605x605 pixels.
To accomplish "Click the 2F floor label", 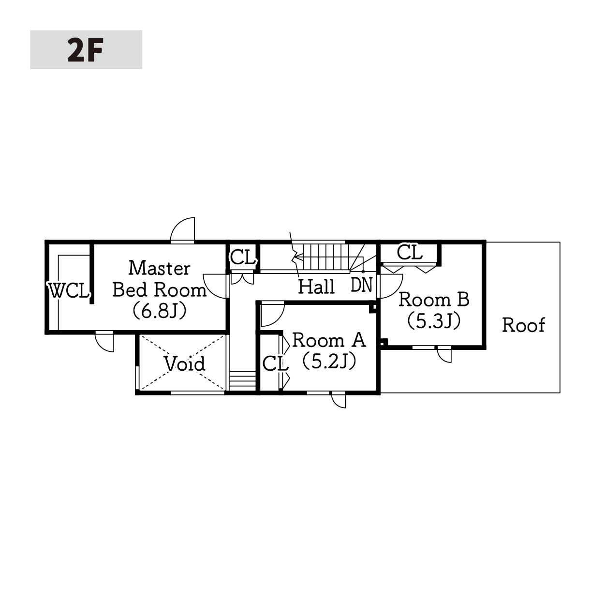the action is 86,50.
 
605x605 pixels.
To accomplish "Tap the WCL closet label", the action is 69,291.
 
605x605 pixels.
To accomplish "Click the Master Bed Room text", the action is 160,279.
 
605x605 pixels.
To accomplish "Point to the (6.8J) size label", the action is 160,311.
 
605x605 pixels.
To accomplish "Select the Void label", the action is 185,364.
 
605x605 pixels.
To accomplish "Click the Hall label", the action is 316,287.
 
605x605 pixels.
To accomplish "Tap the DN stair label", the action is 361,285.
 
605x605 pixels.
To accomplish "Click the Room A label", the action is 329,340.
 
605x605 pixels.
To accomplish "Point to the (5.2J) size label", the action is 329,361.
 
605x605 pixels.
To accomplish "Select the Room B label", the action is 434,299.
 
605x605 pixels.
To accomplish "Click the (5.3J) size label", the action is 434,321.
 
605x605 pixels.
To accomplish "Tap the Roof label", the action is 523,325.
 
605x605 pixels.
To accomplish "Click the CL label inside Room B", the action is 410,252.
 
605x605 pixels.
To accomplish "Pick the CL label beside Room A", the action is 275,364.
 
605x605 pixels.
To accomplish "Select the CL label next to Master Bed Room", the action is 243,257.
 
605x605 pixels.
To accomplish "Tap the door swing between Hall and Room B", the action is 391,287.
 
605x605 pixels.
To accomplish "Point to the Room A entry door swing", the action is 273,314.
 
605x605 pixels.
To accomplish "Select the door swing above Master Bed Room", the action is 182,230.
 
